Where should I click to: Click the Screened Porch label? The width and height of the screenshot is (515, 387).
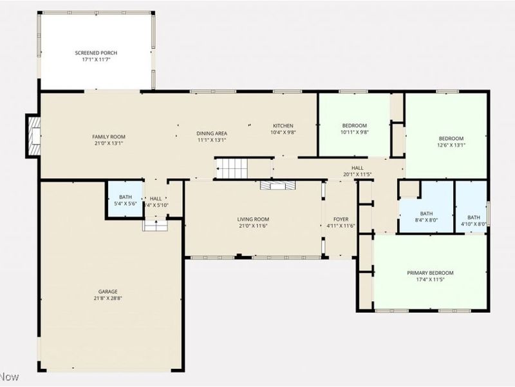pos(96,53)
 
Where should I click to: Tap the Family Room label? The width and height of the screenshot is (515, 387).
pos(108,137)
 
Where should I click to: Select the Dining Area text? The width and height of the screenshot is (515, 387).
pos(212,134)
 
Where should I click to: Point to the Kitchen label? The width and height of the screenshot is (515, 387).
pos(283,126)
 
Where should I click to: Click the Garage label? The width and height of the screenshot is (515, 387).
pos(108,292)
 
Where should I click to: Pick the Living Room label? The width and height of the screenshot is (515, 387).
pos(253,219)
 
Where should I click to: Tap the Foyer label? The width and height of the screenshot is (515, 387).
pos(339,219)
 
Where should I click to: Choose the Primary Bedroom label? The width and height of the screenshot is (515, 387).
pos(430,272)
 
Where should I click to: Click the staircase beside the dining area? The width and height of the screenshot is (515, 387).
pos(231,168)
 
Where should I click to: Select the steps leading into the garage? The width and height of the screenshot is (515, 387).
pos(154,224)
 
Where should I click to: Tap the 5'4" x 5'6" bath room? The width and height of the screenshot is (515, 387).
pos(125,201)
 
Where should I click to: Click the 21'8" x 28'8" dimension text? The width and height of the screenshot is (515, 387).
pos(108,299)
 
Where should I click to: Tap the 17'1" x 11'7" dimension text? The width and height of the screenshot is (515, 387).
pos(96,60)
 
